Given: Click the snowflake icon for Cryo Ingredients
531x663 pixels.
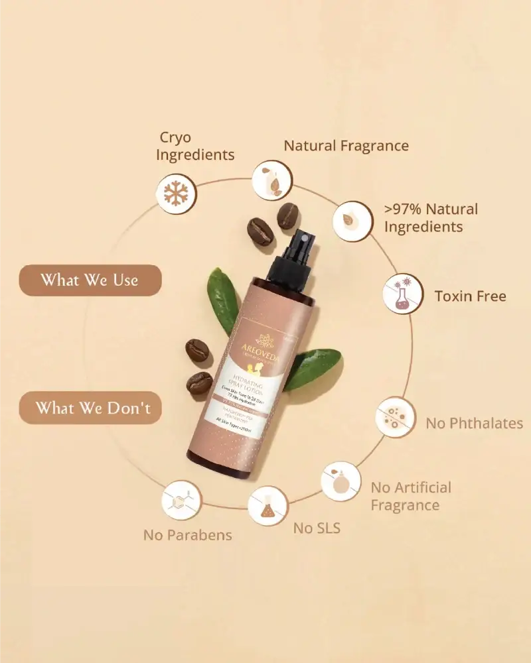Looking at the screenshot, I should pyautogui.click(x=176, y=193).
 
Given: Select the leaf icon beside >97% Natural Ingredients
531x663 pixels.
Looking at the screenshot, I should pyautogui.click(x=350, y=221).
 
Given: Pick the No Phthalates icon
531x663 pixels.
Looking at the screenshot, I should pyautogui.click(x=396, y=418).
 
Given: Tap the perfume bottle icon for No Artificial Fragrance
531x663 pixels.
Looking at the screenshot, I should pyautogui.click(x=341, y=481).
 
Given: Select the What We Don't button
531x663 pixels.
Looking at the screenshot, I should pyautogui.click(x=90, y=407).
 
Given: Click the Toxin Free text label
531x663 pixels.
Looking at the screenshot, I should pyautogui.click(x=470, y=296).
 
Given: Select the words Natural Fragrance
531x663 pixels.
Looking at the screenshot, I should pyautogui.click(x=346, y=145).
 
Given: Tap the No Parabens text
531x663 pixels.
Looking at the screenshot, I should pyautogui.click(x=188, y=535).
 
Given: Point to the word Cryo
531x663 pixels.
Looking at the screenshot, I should pyautogui.click(x=175, y=137).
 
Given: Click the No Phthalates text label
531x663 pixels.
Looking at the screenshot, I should pyautogui.click(x=474, y=423).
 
